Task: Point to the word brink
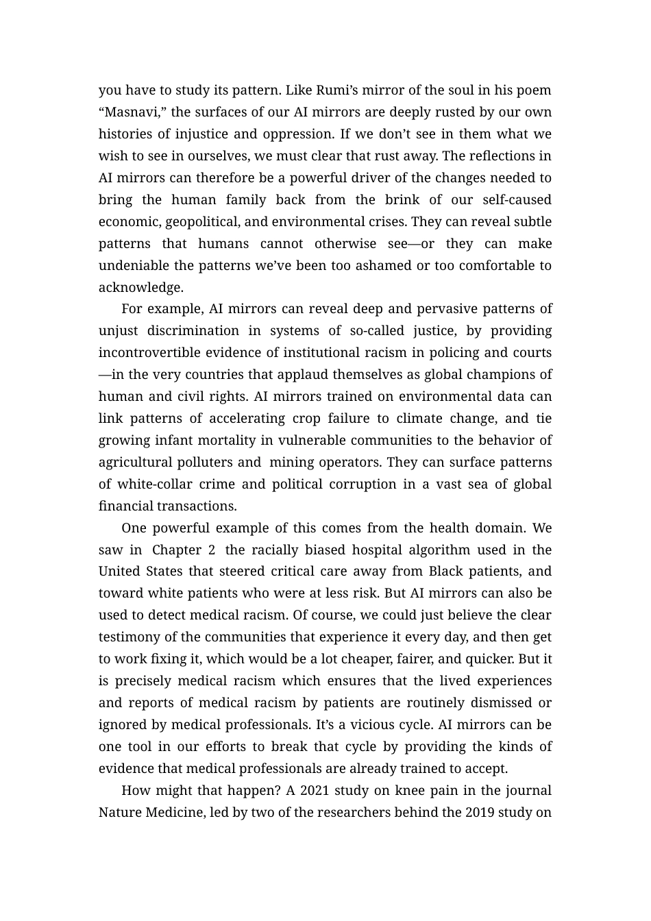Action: tap(402, 200)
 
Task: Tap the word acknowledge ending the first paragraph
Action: tap(140, 288)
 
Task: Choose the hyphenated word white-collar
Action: tap(155, 484)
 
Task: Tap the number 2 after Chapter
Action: tap(212, 550)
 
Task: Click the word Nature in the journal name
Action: tap(120, 813)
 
